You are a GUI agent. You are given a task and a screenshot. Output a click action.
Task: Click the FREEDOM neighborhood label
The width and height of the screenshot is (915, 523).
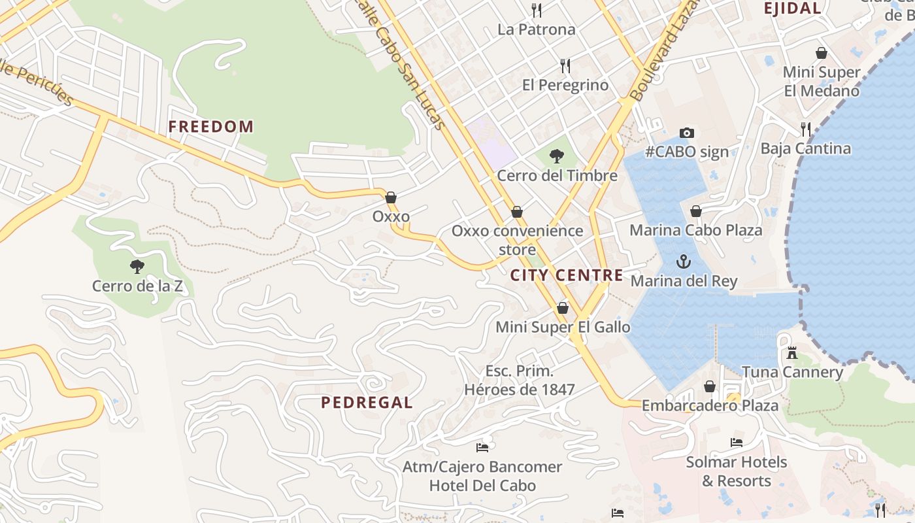click(x=210, y=127)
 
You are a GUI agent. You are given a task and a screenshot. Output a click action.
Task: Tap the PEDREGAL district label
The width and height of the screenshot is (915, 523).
click(x=367, y=403)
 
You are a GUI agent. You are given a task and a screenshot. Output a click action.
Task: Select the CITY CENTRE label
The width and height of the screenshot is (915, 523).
click(x=567, y=275)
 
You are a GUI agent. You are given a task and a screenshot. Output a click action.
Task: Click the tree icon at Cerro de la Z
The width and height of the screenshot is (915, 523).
click(x=137, y=266)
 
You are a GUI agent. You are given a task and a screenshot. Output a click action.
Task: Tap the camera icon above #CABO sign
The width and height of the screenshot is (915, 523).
click(x=686, y=133)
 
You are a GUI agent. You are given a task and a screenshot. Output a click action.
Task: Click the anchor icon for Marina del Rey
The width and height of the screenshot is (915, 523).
click(x=683, y=262)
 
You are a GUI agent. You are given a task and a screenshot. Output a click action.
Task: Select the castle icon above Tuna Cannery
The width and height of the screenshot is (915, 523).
click(x=791, y=353)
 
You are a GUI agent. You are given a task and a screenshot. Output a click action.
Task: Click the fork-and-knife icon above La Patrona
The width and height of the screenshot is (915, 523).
click(x=537, y=10)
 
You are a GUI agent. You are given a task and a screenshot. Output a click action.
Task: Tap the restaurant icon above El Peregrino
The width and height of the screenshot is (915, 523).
click(x=565, y=65)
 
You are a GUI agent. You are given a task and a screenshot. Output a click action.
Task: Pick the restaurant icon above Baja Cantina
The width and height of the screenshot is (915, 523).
click(x=805, y=129)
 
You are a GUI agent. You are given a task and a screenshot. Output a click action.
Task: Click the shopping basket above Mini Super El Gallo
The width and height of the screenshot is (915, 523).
click(x=562, y=308)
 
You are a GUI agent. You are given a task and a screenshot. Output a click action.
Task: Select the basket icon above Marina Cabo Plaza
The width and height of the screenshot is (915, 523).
click(x=695, y=211)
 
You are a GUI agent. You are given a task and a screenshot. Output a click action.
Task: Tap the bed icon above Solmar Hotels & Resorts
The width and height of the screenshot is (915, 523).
click(x=736, y=443)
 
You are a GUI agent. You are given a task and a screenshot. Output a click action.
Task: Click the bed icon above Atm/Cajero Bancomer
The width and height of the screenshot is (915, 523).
click(x=482, y=448)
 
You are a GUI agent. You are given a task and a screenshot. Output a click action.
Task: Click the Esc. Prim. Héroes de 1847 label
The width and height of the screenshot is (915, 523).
click(x=519, y=380)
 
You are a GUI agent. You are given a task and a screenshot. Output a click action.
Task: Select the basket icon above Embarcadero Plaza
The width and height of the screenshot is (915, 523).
click(x=710, y=386)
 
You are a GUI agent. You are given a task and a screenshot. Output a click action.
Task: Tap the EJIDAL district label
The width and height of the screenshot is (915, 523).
click(x=792, y=8)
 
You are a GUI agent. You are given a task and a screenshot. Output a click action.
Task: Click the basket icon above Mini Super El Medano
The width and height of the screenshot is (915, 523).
click(x=821, y=53)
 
